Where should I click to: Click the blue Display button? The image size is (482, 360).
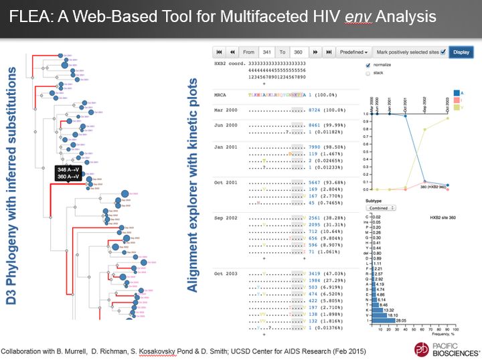point(461,52)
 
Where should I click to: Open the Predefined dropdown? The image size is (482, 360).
point(354,52)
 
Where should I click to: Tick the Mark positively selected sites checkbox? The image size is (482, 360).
point(443,52)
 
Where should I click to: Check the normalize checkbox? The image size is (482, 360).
point(367,65)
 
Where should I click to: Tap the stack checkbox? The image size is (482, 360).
point(367,74)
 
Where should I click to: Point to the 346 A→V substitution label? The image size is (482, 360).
point(68,171)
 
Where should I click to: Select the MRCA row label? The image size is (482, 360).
point(220,94)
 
